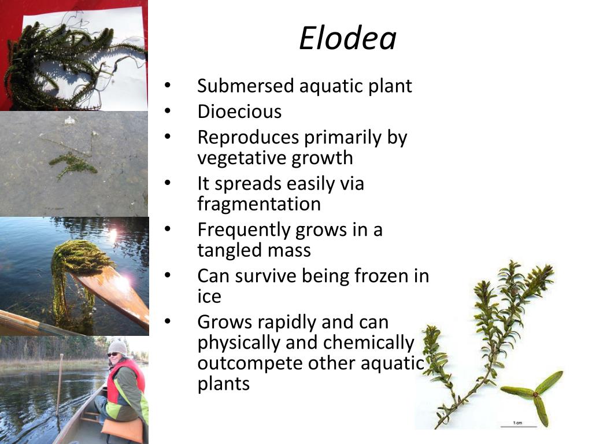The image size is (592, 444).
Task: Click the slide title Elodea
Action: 347,39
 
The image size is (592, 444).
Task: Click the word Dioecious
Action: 239,112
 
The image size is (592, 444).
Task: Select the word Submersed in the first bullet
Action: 246,86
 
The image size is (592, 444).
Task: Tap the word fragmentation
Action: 259,204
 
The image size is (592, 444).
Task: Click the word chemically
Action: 368,343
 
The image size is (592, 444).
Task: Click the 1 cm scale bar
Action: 519,426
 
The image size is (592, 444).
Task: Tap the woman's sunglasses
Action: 113,354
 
